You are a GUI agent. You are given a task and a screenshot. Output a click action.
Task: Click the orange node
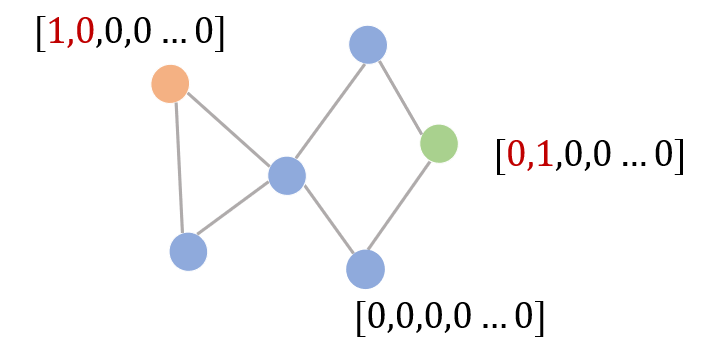coord(170,84)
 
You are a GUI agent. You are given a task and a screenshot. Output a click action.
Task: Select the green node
coord(439,143)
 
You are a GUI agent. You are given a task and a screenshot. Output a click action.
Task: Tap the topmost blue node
coord(368,45)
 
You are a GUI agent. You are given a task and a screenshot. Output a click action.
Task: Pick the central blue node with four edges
coord(287,175)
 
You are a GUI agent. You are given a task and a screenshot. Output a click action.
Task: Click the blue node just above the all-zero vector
coord(366,269)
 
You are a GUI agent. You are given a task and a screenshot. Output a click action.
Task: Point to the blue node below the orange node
coord(188,252)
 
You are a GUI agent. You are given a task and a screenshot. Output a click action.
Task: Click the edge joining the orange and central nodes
coord(229,129)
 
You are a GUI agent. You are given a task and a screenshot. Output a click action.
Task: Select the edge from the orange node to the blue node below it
coord(179,168)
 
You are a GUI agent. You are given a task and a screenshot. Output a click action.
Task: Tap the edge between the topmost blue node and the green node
coord(400,96)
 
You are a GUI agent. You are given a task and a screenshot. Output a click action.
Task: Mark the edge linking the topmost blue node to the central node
coord(330,112)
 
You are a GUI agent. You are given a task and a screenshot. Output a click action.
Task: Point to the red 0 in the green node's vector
coord(516,154)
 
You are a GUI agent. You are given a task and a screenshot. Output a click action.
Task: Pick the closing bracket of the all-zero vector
coord(539,318)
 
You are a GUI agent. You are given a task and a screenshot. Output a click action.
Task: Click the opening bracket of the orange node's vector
coord(41,34)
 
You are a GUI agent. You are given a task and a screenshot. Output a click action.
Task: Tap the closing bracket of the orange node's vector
coord(219,34)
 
